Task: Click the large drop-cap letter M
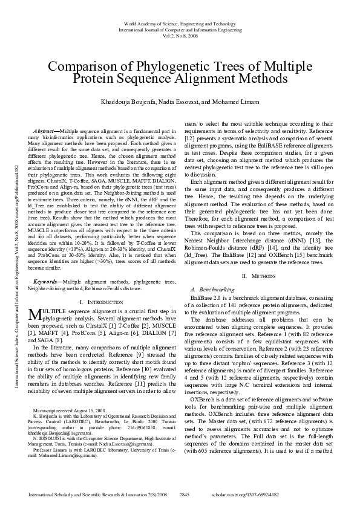coord(34,314)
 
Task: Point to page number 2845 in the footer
coord(186,494)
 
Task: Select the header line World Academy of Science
coord(180,22)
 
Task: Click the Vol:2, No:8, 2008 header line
coord(180,36)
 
